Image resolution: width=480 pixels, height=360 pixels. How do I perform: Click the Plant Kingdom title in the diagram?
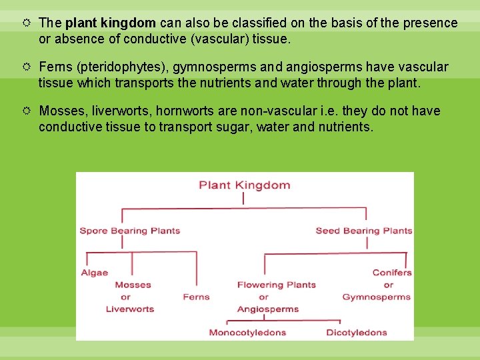244,185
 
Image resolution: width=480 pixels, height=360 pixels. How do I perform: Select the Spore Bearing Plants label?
130,231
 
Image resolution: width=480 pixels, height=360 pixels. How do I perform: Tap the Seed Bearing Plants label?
363,231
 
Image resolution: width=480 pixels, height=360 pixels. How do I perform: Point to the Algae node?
95,273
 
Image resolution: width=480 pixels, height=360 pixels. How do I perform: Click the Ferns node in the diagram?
196,297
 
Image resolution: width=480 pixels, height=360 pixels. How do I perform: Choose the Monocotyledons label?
247,332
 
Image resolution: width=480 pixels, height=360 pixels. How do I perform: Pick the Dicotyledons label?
357,332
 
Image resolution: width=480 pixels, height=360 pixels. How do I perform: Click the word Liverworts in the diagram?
130,309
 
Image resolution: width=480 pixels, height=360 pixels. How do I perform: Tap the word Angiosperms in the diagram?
267,309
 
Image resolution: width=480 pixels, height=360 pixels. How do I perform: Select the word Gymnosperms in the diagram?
377,297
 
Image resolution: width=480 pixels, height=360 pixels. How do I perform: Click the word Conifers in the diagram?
392,273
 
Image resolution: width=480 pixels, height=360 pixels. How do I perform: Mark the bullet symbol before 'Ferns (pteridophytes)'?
27,67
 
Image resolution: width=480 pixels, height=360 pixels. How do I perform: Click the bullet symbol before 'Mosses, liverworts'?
27,111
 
